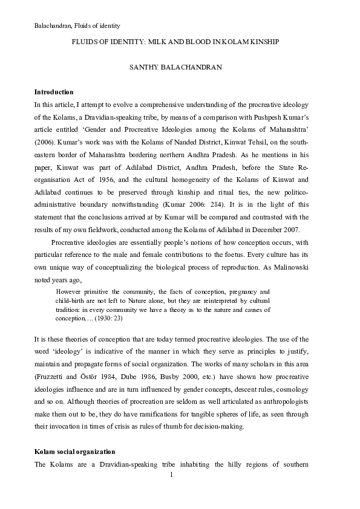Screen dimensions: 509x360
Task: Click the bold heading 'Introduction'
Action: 54,92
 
